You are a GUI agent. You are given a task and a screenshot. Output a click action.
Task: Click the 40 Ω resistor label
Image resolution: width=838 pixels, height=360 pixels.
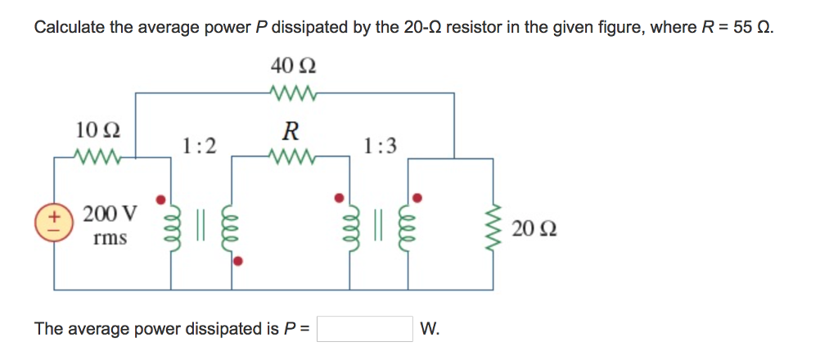click(x=293, y=65)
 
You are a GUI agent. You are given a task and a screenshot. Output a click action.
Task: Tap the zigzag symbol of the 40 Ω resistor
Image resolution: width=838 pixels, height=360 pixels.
click(x=292, y=92)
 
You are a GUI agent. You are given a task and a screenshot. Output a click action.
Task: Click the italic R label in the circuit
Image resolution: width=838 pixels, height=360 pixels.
click(x=291, y=131)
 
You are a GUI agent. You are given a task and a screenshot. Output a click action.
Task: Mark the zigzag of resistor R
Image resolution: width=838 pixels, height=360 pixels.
click(x=291, y=155)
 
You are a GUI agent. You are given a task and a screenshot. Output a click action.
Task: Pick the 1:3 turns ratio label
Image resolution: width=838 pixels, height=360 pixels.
click(x=381, y=146)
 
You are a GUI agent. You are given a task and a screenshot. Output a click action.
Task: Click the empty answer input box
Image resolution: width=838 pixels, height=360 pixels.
click(x=364, y=329)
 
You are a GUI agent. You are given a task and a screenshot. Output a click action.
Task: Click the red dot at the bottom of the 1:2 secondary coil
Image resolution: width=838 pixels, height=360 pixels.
click(x=238, y=262)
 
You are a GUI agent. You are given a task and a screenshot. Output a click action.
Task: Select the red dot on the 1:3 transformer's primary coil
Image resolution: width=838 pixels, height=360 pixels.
click(x=338, y=197)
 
